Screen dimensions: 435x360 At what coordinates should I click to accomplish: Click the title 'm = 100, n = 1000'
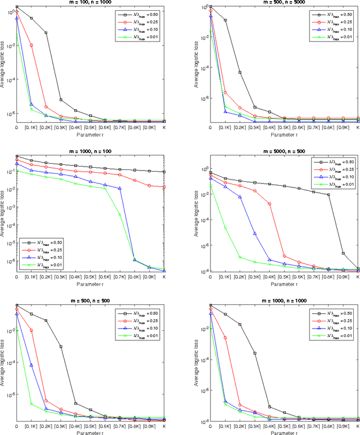click(90, 2)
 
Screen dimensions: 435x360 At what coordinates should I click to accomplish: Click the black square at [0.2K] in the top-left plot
click(46, 33)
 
